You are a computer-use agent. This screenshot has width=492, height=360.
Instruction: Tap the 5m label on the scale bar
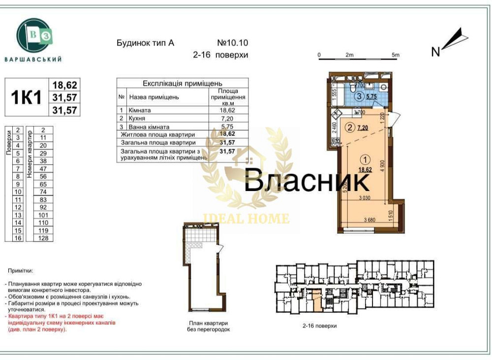tap(395, 55)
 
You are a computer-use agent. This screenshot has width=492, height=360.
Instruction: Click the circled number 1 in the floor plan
tap(364, 160)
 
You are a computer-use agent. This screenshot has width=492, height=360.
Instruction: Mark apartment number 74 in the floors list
tap(43, 192)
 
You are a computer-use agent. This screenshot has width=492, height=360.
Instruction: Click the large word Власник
tap(307, 181)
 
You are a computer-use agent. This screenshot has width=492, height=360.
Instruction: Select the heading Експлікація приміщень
tap(183, 83)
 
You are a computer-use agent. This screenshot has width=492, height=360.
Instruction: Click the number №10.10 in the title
tap(232, 43)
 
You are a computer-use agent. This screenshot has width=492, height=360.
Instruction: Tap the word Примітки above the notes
tap(20, 271)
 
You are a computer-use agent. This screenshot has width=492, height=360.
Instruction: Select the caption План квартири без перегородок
tap(208, 327)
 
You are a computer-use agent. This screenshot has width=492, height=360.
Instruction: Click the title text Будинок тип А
tap(145, 43)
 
